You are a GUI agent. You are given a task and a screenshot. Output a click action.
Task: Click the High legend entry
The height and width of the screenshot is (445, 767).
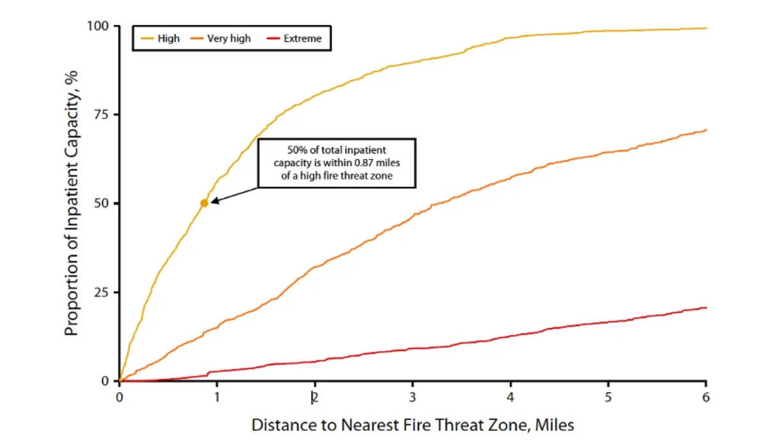click(x=160, y=38)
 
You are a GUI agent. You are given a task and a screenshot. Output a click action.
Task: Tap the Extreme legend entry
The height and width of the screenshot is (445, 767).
click(x=295, y=38)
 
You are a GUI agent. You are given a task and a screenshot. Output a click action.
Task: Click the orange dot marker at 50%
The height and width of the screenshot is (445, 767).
click(x=204, y=203)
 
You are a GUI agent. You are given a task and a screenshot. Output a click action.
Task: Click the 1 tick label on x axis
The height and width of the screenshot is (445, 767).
click(x=217, y=397)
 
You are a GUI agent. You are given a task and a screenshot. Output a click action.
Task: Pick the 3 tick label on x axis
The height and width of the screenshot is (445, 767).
click(x=413, y=397)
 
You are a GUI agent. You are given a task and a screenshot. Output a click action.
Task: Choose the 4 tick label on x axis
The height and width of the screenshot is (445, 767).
click(x=511, y=397)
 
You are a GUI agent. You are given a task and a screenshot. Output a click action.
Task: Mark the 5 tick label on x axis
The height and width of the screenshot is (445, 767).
click(x=608, y=397)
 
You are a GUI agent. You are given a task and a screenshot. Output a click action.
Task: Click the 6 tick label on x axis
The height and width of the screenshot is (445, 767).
click(x=706, y=397)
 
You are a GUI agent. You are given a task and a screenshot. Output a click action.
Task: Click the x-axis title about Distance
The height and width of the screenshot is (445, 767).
click(x=412, y=425)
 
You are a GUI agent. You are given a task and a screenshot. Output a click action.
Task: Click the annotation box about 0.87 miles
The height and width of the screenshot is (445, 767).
click(x=337, y=163)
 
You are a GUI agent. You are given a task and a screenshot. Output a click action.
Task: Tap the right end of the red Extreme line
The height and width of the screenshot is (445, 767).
click(x=706, y=308)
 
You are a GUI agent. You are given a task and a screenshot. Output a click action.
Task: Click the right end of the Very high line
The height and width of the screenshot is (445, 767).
click(x=706, y=130)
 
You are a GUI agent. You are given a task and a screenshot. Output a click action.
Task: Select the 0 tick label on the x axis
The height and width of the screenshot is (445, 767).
click(x=120, y=397)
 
